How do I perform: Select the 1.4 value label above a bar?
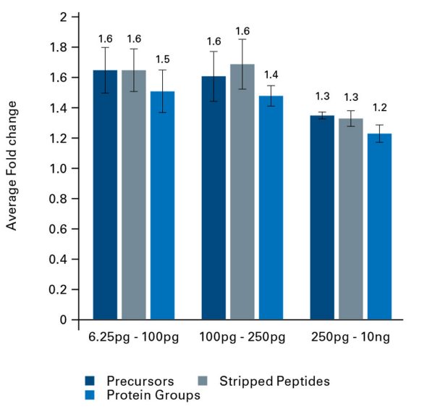point(271,75)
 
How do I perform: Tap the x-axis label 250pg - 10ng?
point(351,338)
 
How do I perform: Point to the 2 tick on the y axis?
point(64,17)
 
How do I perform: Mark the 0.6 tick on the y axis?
point(59,228)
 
